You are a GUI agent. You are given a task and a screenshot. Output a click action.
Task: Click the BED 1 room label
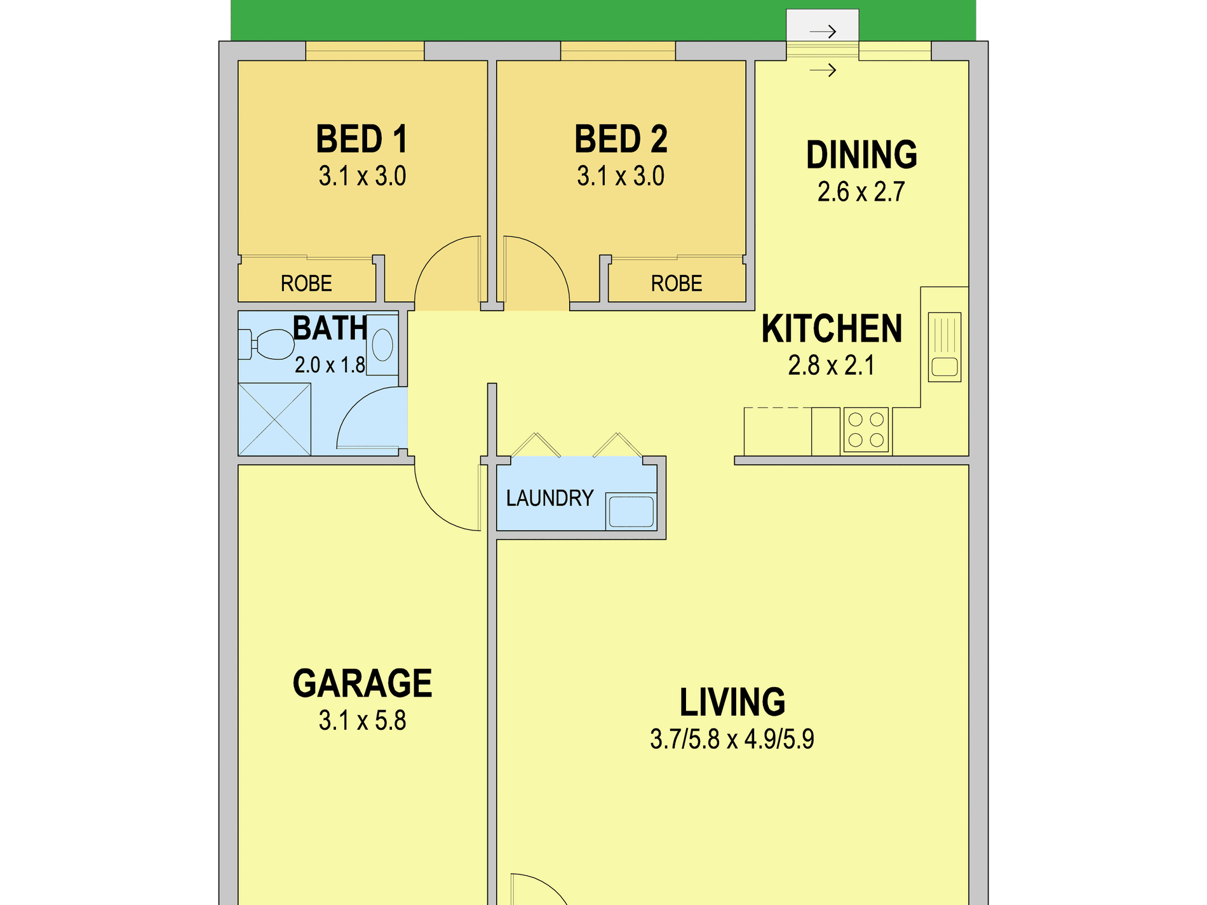click(361, 139)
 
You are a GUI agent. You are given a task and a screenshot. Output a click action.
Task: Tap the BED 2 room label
click(621, 139)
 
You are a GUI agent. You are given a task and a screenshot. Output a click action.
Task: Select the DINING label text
click(861, 154)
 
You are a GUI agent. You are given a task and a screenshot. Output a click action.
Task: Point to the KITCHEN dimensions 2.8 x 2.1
click(831, 365)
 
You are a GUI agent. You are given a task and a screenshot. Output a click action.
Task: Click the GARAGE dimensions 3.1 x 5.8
click(362, 721)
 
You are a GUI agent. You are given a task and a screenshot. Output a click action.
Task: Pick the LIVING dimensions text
click(732, 739)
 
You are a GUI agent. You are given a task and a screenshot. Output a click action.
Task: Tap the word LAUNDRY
click(550, 498)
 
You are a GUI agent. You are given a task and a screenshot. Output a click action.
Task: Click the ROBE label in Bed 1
click(306, 283)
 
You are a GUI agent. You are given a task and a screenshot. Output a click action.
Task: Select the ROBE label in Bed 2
click(677, 283)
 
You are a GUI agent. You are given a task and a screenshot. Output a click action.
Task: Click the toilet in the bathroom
click(267, 344)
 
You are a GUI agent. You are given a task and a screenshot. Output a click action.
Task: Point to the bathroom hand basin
click(382, 345)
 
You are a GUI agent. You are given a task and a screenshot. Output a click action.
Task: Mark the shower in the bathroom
click(274, 419)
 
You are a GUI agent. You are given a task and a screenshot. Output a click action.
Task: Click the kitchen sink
click(945, 347)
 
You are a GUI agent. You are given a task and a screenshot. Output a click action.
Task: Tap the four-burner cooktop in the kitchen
click(866, 430)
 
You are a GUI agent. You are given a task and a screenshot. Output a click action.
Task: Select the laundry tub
click(631, 511)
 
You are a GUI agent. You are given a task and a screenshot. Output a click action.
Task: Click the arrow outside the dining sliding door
click(823, 32)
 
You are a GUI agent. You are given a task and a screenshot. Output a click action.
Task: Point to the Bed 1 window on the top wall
click(365, 51)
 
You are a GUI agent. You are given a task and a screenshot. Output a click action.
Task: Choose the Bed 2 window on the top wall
click(617, 51)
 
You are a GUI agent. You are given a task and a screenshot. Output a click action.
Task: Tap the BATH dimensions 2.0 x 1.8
click(330, 365)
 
